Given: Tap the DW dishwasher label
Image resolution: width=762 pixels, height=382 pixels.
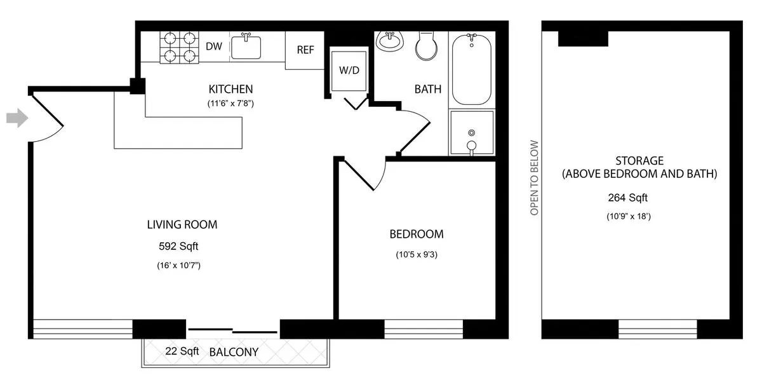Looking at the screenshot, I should coord(213,46).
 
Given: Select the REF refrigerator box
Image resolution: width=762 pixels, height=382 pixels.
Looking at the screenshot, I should coord(305,50).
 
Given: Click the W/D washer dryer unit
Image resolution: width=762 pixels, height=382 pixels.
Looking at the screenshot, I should coord(349,70).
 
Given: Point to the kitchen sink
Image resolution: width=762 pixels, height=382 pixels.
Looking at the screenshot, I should coord(246,47).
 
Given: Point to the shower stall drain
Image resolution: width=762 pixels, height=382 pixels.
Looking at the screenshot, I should coord(471,133).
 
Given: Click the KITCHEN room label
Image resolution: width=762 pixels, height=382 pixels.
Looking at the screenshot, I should coord(231,89).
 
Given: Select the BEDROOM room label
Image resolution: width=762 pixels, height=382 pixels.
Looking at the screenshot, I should coord(417,234).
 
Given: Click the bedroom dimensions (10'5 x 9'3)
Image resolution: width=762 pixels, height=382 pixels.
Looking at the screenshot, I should coord(417,256).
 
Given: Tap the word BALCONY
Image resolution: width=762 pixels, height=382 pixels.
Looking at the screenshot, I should coord(234,351).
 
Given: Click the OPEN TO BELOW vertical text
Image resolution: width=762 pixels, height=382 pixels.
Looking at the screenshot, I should coord(534,177).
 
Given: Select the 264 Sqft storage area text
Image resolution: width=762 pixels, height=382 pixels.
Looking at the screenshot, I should coord(639,198).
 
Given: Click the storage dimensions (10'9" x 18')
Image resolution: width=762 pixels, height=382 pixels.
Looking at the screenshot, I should coord(639,216).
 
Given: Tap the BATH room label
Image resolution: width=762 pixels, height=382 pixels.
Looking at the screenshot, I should coord(428,89).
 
